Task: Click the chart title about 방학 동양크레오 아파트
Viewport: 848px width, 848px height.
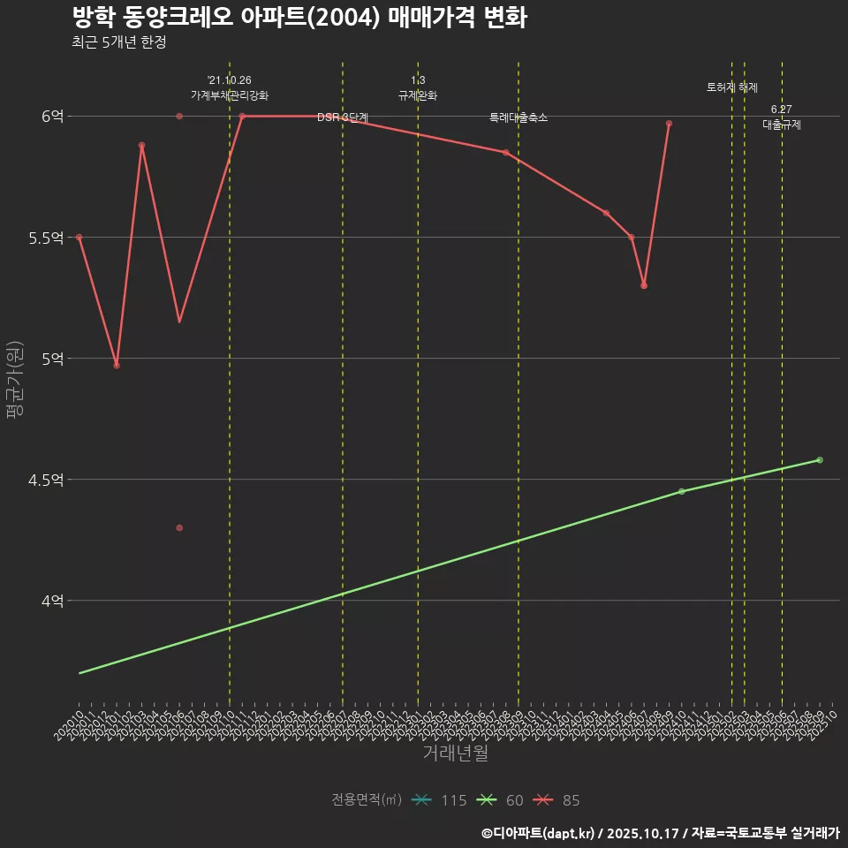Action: pyautogui.click(x=299, y=18)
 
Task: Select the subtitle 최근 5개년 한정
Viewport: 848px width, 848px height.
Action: pyautogui.click(x=118, y=42)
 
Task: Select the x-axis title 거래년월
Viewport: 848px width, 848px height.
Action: pyautogui.click(x=455, y=753)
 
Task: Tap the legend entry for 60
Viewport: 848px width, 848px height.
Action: pyautogui.click(x=502, y=800)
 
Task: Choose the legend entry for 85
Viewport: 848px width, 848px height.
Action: pyautogui.click(x=558, y=800)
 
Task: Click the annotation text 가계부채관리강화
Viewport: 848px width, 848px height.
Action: pyautogui.click(x=230, y=95)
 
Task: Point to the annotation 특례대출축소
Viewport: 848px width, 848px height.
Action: pyautogui.click(x=519, y=117)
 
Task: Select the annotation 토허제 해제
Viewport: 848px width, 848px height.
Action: pyautogui.click(x=732, y=87)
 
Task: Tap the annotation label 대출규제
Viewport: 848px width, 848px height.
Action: pyautogui.click(x=782, y=125)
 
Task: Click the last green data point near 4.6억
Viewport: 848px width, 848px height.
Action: pyautogui.click(x=820, y=460)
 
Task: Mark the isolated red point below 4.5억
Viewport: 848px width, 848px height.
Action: pyautogui.click(x=179, y=527)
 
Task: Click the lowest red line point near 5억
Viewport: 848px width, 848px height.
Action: pyautogui.click(x=117, y=365)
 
